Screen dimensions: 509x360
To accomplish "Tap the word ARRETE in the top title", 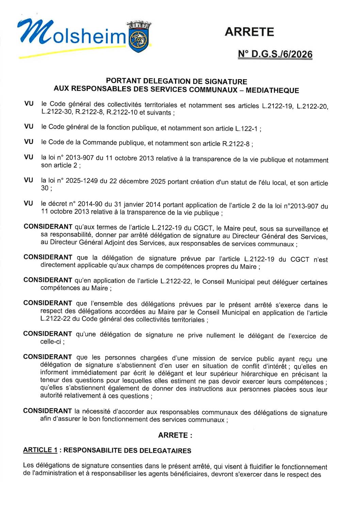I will pos(249,32).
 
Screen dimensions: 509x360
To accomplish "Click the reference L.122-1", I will pos(246,129).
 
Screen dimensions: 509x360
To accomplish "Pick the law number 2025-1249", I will pos(81,181).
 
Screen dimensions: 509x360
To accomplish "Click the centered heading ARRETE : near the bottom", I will pos(175,435).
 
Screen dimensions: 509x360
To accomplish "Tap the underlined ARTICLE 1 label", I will pos(40,450).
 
